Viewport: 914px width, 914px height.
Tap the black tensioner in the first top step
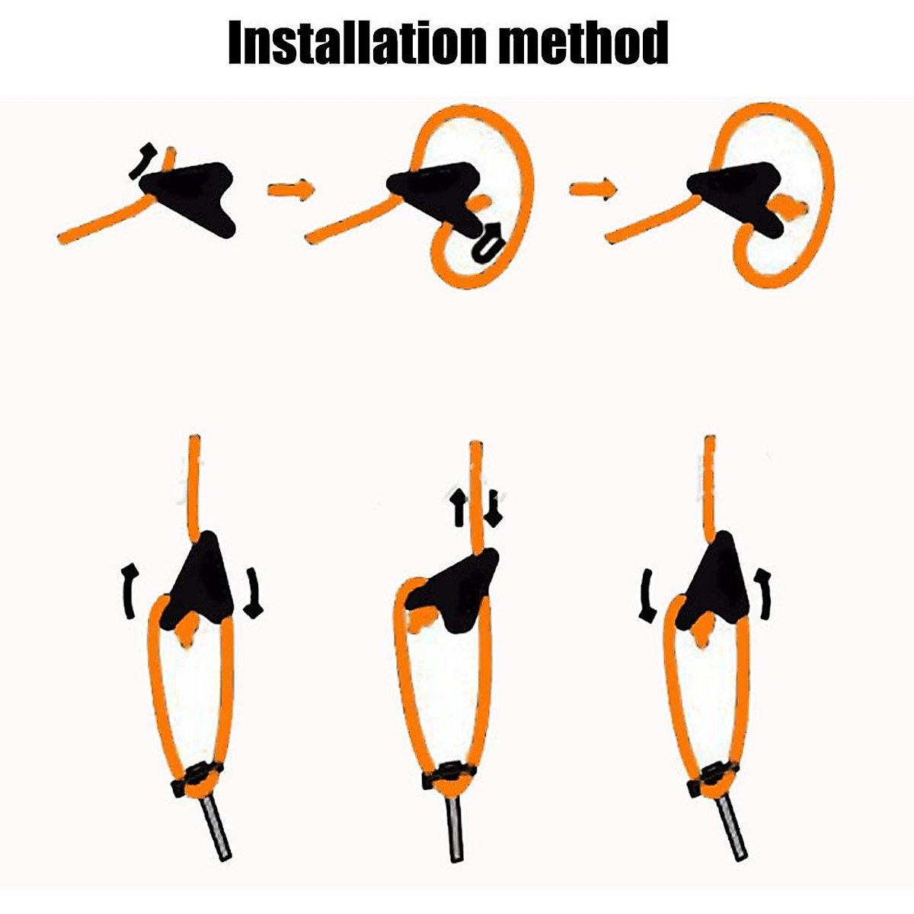194,194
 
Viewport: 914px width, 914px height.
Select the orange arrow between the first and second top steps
290,188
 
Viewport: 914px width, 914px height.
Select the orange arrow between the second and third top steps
593,188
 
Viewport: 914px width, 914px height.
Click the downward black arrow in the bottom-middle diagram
494,509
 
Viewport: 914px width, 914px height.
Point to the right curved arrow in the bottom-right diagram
763,591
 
